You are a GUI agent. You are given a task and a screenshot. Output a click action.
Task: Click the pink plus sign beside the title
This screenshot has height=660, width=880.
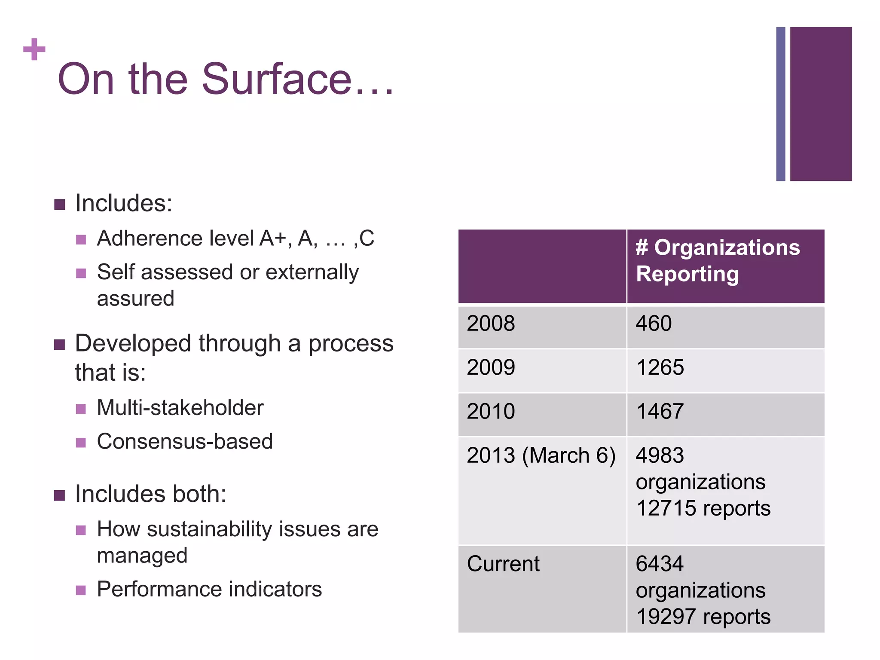(x=34, y=49)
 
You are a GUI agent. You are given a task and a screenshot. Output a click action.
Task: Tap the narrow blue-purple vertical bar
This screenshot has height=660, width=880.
(x=780, y=104)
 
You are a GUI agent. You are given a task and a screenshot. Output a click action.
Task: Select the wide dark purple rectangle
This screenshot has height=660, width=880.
(x=821, y=104)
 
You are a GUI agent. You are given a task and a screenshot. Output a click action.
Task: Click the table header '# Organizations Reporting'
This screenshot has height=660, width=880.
(x=718, y=261)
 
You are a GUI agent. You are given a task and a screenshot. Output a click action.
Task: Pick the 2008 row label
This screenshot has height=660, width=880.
(x=491, y=324)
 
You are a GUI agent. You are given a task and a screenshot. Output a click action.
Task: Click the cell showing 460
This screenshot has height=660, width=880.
(x=654, y=324)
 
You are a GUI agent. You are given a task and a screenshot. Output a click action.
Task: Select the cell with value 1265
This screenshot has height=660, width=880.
(x=660, y=368)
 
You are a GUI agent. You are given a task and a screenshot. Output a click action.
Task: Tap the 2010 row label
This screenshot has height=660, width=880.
(x=491, y=412)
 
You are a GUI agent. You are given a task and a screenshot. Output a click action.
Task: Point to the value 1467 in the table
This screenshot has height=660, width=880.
(x=660, y=412)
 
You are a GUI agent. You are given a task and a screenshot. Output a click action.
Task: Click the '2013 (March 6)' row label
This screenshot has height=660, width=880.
(x=541, y=455)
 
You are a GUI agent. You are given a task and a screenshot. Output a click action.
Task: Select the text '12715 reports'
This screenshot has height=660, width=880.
(x=703, y=508)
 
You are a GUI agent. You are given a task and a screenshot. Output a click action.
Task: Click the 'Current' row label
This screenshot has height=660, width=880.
(x=503, y=564)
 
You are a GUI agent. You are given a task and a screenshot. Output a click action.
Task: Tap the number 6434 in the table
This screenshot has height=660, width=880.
(x=660, y=564)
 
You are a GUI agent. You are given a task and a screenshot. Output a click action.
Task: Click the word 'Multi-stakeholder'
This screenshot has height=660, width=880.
(x=180, y=408)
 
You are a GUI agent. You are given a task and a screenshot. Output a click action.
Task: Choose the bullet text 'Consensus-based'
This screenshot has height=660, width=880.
(x=185, y=441)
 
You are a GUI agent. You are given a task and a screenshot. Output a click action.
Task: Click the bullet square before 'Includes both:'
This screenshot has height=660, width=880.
(x=59, y=495)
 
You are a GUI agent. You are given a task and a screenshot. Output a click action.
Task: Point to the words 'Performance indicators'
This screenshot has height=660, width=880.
(x=209, y=589)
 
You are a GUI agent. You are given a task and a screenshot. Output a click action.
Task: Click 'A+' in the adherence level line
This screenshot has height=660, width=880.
(x=272, y=238)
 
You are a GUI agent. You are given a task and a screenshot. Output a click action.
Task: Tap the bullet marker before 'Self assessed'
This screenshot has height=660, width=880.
(x=81, y=273)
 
